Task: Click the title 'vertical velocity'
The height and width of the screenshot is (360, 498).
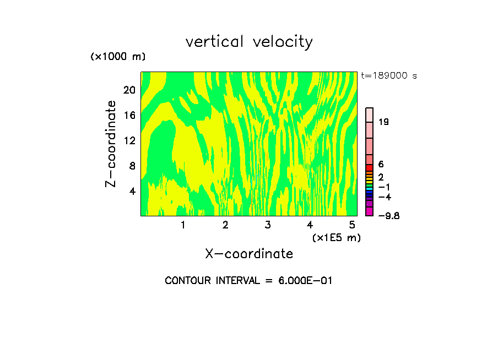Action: pos(249,42)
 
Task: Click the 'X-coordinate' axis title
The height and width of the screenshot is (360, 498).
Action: pos(249,254)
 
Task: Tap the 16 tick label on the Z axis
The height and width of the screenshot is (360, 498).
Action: pos(129,115)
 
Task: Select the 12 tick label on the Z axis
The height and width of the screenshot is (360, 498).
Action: pos(129,140)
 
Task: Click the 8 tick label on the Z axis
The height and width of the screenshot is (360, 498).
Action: pos(132,166)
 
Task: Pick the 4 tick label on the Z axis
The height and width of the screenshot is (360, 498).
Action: pos(132,191)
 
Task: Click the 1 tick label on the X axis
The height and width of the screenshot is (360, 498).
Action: pos(183,225)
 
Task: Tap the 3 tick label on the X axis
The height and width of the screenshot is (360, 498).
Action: pos(267,225)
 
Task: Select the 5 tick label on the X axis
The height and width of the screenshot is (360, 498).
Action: pos(352,225)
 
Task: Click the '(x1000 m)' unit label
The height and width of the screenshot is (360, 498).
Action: pos(118,57)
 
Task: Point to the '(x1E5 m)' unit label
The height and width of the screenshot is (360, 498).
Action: pos(336,238)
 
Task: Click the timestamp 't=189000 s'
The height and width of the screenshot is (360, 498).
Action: pos(389,76)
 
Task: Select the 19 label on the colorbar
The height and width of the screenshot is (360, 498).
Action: pos(384,122)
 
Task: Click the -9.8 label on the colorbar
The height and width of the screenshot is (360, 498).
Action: pos(388,216)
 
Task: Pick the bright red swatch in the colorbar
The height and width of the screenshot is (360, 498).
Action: pos(370,167)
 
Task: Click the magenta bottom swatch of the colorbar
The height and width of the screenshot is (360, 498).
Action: pos(370,212)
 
